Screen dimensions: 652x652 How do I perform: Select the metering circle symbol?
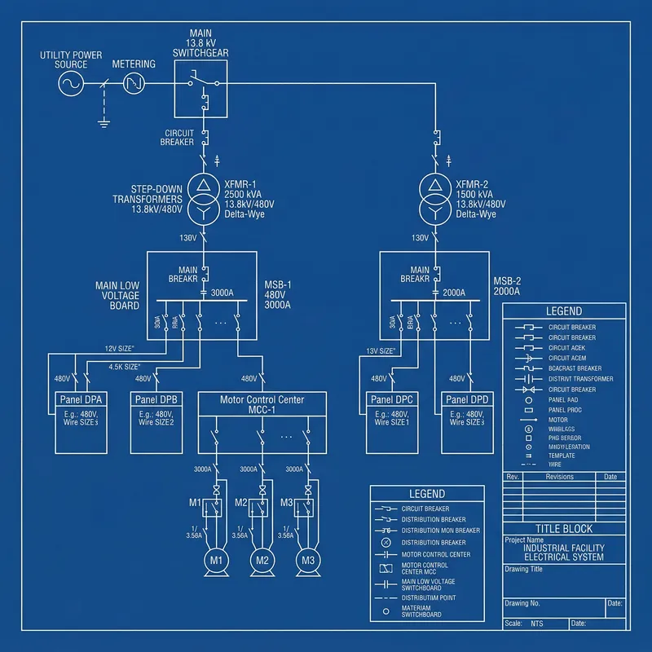pos(134,83)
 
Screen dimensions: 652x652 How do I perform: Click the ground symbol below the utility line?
pos(104,124)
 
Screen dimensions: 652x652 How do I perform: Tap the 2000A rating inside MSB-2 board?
pos(453,292)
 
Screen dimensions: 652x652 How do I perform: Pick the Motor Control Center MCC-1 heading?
pos(262,405)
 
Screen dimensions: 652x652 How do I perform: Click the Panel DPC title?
pos(393,400)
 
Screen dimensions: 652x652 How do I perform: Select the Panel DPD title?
pos(467,400)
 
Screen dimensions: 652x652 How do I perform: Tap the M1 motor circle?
pos(216,560)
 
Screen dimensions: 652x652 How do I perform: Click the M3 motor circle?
pos(308,560)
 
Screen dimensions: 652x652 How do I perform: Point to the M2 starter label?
pos(241,502)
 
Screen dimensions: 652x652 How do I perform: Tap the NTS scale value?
pos(537,623)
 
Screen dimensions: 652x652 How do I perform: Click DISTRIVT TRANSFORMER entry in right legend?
pos(580,379)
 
